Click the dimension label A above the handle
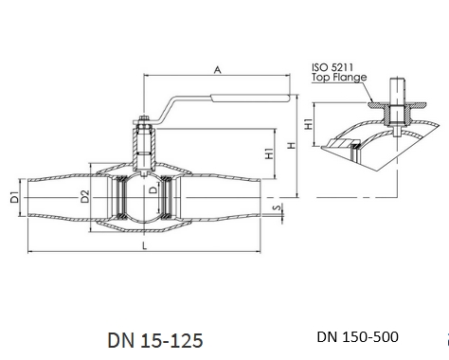217,70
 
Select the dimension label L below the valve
144,245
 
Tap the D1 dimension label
14,197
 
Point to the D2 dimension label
85,196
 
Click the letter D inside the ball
153,189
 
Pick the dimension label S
277,207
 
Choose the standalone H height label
292,146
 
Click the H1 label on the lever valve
269,153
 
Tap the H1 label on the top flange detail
308,124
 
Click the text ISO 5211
332,67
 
